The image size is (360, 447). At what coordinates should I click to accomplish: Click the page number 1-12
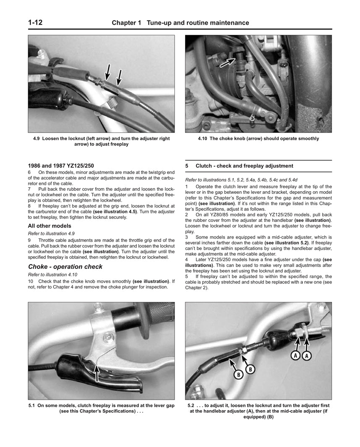(x=37, y=23)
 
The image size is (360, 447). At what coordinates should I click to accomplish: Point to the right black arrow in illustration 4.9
(x=119, y=77)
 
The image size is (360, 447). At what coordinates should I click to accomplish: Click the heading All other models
(x=50, y=226)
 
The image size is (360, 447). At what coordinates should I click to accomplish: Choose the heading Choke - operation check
(x=65, y=267)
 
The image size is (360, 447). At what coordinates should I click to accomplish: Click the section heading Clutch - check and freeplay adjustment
(x=244, y=166)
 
